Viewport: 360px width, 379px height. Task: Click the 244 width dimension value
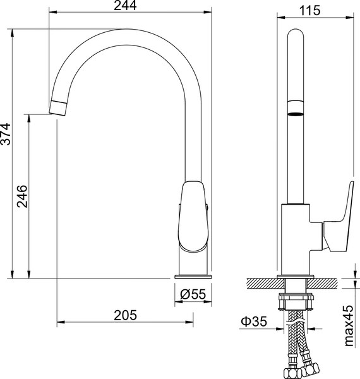click(125, 5)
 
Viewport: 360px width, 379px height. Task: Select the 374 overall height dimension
click(6, 134)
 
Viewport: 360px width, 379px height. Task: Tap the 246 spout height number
click(22, 196)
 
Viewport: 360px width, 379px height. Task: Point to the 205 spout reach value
click(125, 315)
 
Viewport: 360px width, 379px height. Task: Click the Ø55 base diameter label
click(193, 294)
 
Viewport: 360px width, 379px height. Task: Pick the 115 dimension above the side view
click(309, 11)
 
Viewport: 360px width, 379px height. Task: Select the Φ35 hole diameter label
click(254, 322)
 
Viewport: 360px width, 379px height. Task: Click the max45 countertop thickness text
click(349, 325)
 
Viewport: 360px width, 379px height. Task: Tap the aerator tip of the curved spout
click(58, 107)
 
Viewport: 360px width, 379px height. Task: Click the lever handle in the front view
click(193, 216)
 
